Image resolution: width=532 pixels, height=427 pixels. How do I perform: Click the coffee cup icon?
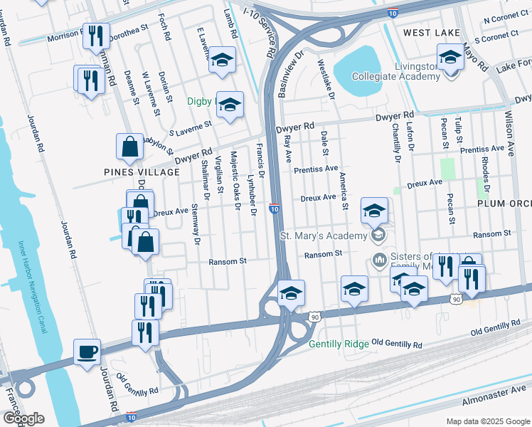[x=87, y=352]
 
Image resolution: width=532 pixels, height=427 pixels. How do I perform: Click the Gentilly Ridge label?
[x=339, y=344]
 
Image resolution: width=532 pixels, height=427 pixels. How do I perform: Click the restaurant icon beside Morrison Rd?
[x=95, y=36]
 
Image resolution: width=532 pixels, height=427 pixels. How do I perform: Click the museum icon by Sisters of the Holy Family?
[x=378, y=257]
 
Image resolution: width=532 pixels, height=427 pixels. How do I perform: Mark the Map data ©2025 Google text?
[x=487, y=421]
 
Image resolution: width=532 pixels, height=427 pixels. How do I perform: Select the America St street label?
[x=344, y=191]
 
